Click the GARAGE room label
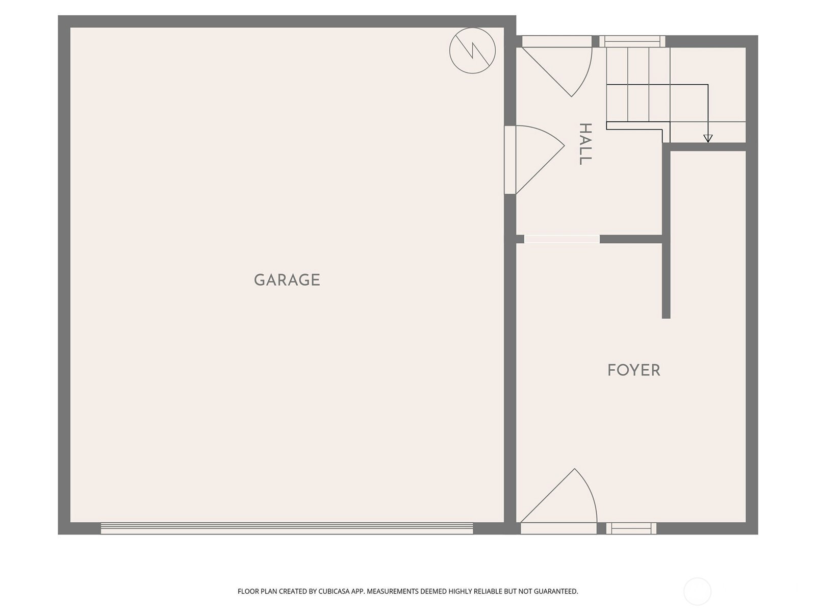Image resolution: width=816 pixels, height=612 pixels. click(x=287, y=280)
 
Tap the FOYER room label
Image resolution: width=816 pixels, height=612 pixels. click(x=634, y=370)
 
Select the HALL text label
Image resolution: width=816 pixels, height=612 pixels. click(x=585, y=144)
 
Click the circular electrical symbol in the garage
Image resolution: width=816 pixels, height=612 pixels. click(x=472, y=50)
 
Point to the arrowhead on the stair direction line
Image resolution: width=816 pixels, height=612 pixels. click(x=708, y=139)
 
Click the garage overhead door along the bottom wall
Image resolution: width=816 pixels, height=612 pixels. click(x=287, y=528)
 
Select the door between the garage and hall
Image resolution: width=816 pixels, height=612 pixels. click(x=534, y=160)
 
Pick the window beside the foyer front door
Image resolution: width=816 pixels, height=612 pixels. click(x=631, y=528)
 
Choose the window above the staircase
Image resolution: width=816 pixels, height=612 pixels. click(x=632, y=41)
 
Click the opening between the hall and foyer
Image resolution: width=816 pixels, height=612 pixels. click(x=562, y=239)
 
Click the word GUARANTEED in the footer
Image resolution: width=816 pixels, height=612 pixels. click(x=556, y=591)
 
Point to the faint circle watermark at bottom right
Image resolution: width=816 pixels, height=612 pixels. click(x=697, y=591)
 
